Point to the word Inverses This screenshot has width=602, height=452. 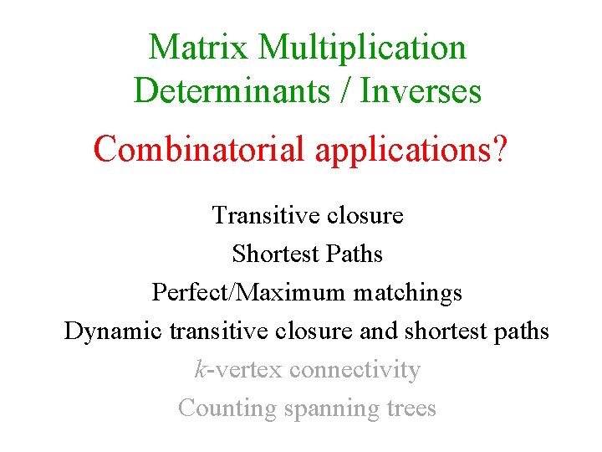click(x=421, y=91)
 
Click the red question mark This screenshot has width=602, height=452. click(x=497, y=149)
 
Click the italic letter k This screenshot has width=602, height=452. click(x=200, y=369)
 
